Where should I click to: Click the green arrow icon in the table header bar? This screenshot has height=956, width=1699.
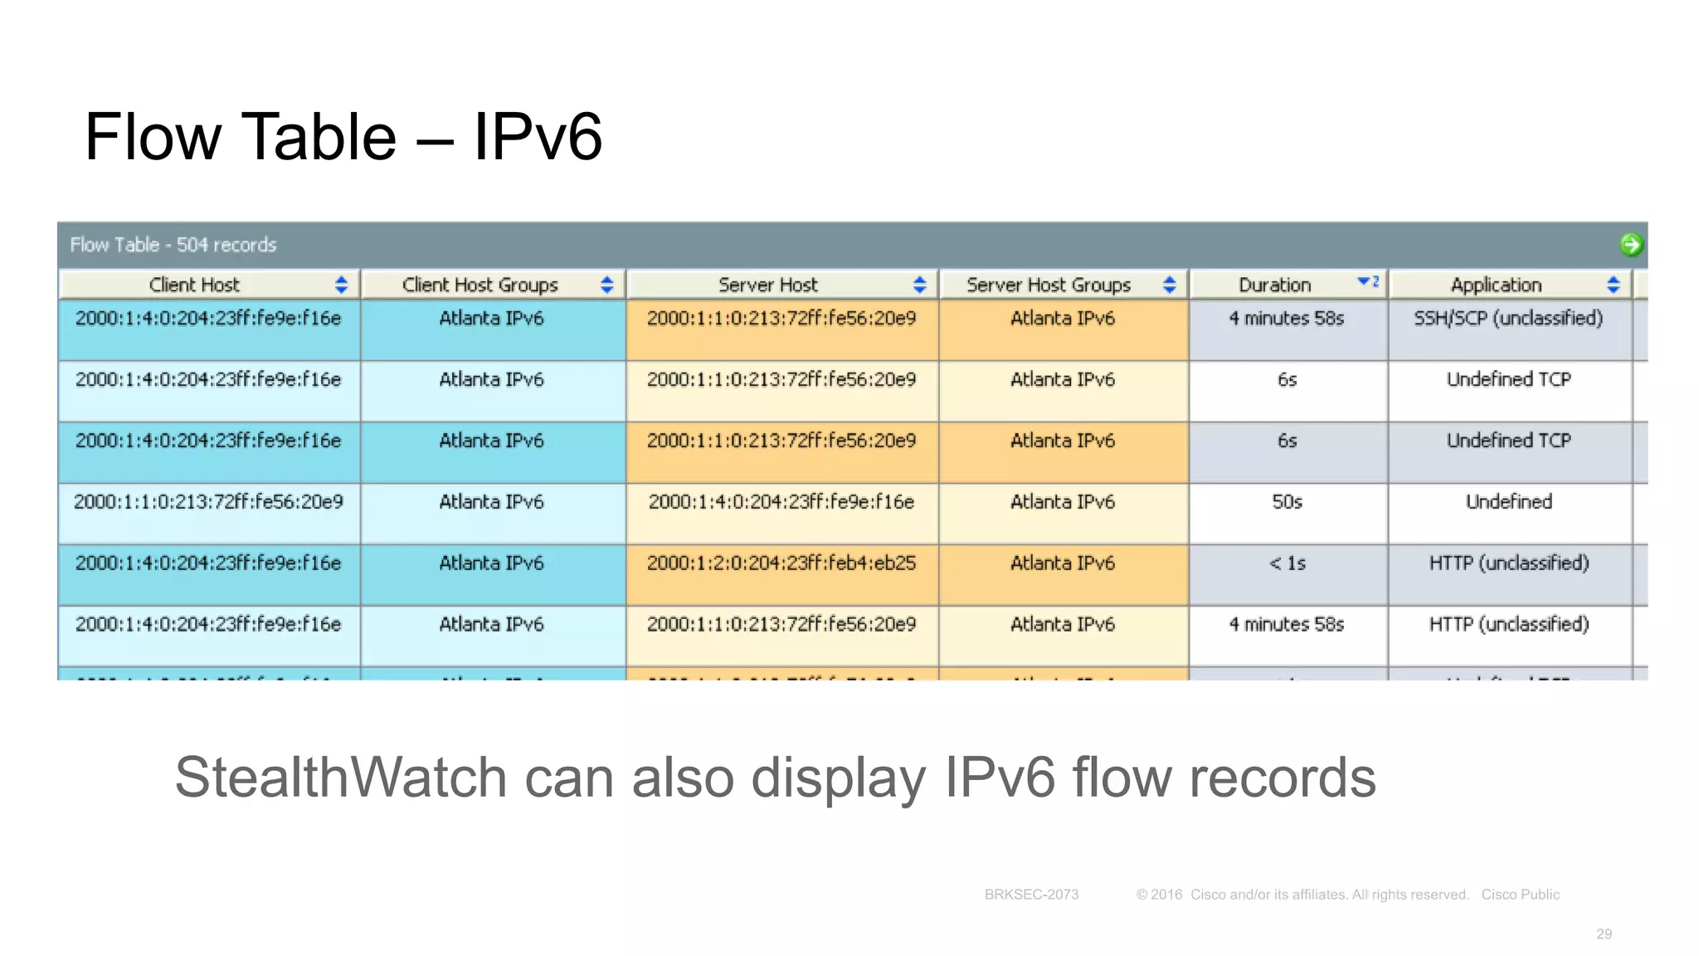point(1631,245)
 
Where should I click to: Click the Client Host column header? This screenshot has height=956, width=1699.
point(194,285)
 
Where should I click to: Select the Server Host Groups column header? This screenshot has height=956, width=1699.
point(1048,285)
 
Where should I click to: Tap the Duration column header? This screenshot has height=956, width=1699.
point(1274,285)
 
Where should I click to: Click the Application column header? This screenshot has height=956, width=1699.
point(1495,285)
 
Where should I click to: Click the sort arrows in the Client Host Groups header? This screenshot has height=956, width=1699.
point(606,285)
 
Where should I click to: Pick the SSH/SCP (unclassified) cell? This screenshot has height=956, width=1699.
point(1508,319)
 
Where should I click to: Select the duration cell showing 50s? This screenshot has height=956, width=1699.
point(1287,502)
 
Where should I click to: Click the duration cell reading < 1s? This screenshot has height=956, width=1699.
point(1287,563)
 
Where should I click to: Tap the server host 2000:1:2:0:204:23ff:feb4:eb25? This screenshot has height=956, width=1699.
point(781,563)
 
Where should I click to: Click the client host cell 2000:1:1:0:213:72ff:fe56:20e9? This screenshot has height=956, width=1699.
point(208,502)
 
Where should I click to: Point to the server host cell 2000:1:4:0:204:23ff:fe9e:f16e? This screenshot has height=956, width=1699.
point(781,502)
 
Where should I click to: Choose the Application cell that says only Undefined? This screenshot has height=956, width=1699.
point(1508,502)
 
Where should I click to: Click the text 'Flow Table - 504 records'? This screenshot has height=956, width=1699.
point(173,245)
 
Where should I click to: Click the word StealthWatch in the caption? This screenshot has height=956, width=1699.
point(340,778)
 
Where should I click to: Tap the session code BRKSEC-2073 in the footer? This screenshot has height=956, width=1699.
point(1031,895)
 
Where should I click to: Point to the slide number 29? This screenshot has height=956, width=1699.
point(1604,934)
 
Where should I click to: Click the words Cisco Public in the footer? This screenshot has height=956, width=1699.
point(1520,895)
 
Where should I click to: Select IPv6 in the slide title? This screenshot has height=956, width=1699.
point(537,137)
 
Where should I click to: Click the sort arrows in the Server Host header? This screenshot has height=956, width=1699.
point(919,285)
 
